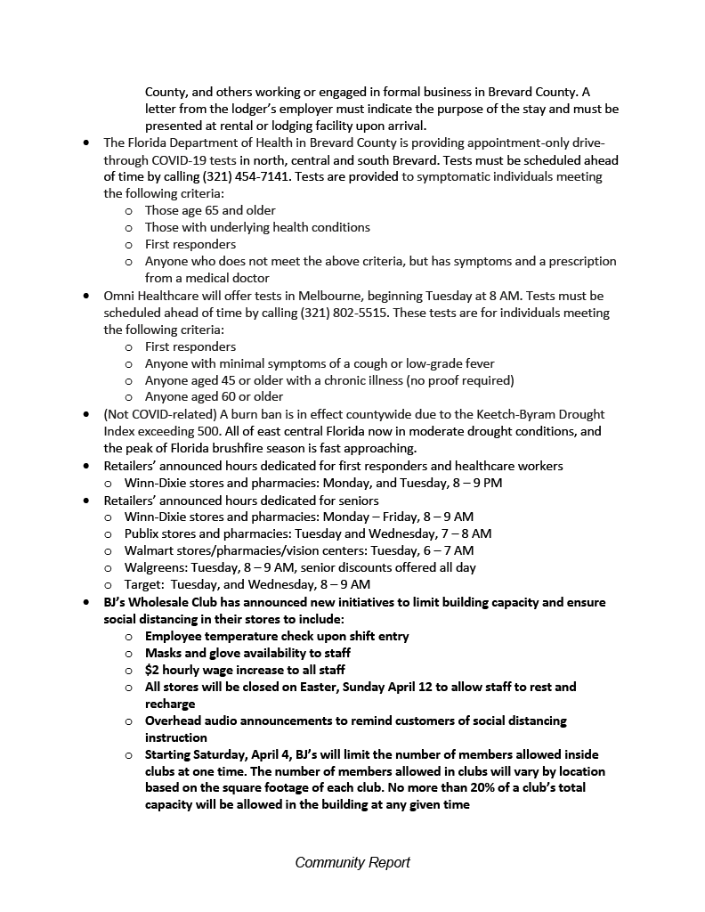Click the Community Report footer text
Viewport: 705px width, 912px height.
pyautogui.click(x=352, y=862)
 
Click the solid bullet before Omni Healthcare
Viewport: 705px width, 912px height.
pyautogui.click(x=85, y=296)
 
